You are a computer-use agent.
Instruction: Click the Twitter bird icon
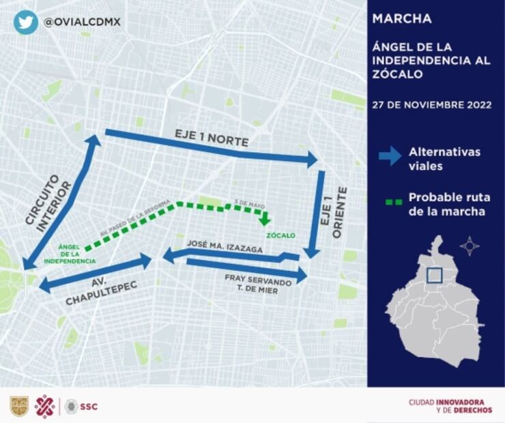[x=25, y=22]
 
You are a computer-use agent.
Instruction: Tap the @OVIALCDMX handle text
[x=82, y=22]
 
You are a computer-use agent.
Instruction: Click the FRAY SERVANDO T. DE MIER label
[x=258, y=284]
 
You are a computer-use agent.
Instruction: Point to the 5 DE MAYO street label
[x=248, y=203]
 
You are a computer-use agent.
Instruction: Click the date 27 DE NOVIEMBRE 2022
[x=432, y=105]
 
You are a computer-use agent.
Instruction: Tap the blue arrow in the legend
[x=390, y=156]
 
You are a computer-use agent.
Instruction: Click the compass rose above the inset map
[x=470, y=246]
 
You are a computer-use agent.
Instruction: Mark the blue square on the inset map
[x=434, y=275]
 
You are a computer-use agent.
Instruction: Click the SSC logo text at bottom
[x=89, y=407]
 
